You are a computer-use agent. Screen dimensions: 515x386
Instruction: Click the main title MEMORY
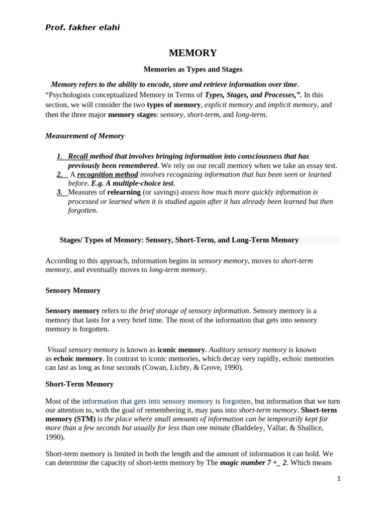(193, 53)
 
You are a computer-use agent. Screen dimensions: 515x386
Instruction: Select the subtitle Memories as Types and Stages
(193, 69)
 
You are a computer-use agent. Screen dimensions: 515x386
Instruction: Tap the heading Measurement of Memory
(85, 136)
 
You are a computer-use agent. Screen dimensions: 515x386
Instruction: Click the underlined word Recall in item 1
(78, 156)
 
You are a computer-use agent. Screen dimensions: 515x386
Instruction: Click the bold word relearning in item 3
(124, 192)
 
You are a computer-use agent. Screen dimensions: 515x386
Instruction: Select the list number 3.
(59, 192)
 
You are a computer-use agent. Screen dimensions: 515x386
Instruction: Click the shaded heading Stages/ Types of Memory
(179, 240)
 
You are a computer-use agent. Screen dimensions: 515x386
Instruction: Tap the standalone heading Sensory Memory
(73, 290)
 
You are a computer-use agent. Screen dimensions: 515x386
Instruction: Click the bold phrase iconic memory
(181, 349)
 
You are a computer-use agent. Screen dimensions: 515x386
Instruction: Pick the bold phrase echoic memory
(77, 358)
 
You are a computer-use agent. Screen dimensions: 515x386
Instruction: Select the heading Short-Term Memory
(79, 384)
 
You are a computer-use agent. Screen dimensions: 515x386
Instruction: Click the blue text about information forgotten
(166, 401)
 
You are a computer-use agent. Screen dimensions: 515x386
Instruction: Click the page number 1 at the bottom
(339, 479)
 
